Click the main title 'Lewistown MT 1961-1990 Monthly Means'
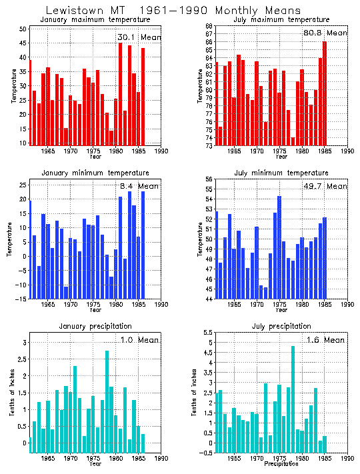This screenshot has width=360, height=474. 173,11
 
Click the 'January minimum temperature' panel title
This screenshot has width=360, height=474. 94,173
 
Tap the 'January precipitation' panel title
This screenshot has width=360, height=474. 94,326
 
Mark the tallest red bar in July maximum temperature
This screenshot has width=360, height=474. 325,93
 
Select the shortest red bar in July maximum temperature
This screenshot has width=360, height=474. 293,141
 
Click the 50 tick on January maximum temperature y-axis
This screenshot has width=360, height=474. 22,29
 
